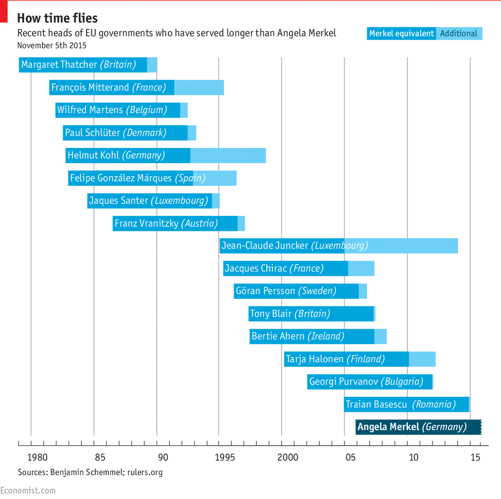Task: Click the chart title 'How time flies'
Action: (x=57, y=18)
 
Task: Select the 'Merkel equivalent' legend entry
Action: (x=401, y=34)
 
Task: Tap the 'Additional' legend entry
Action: (x=459, y=34)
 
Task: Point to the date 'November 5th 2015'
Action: (x=52, y=46)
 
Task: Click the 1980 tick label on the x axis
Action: (x=37, y=458)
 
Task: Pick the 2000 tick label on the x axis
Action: (x=288, y=458)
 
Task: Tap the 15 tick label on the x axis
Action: (x=475, y=458)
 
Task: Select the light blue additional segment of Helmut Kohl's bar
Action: (x=228, y=156)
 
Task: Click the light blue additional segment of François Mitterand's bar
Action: (x=199, y=87)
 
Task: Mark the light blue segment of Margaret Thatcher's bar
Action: (x=152, y=65)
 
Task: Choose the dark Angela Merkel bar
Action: (x=418, y=427)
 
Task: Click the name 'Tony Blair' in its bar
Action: (x=271, y=314)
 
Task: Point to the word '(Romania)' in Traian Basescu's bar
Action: (x=434, y=405)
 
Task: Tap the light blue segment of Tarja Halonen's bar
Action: (x=422, y=359)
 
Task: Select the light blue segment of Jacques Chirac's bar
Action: (x=361, y=268)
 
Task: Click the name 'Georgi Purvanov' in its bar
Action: (x=344, y=382)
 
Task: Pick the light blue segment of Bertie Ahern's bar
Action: (x=380, y=336)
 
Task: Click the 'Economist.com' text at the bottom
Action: (x=28, y=491)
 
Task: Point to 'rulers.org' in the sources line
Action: (x=145, y=472)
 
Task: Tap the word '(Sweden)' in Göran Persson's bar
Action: (x=317, y=291)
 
